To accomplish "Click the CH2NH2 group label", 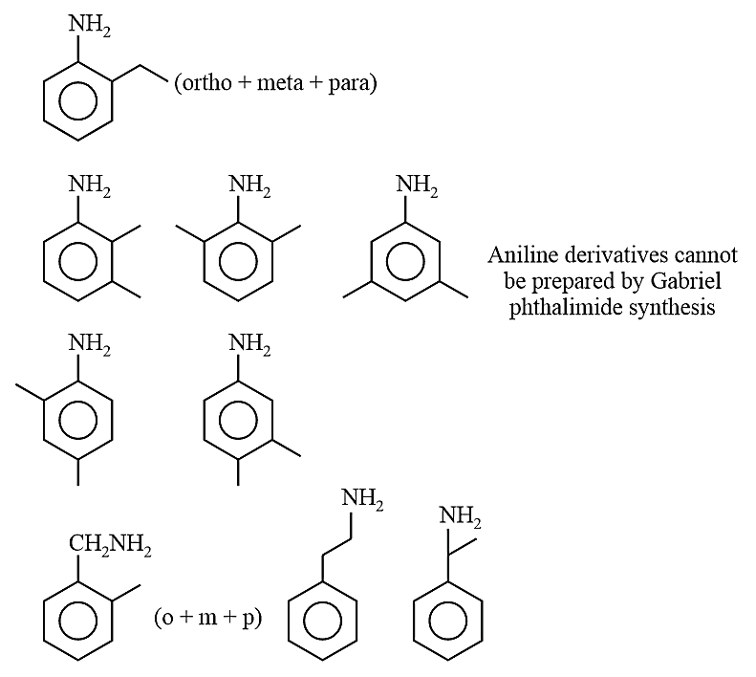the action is (x=110, y=546).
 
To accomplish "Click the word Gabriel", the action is (x=686, y=280).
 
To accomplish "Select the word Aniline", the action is (x=523, y=254).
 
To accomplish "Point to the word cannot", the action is (x=706, y=255).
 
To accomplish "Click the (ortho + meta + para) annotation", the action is (x=275, y=83).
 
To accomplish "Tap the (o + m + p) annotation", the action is (x=207, y=617).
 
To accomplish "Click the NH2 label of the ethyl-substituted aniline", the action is (x=89, y=25).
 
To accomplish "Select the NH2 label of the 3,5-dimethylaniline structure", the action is (x=417, y=186).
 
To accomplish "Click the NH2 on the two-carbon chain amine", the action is (x=362, y=498).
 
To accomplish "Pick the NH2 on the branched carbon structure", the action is (x=460, y=516).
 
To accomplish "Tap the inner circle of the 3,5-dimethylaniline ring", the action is (x=405, y=263).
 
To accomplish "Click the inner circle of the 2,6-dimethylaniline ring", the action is (x=238, y=263).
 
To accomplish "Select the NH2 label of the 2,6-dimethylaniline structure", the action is (x=249, y=186).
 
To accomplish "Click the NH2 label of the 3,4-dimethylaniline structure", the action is (x=249, y=344).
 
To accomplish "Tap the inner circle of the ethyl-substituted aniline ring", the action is (x=77, y=101).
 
